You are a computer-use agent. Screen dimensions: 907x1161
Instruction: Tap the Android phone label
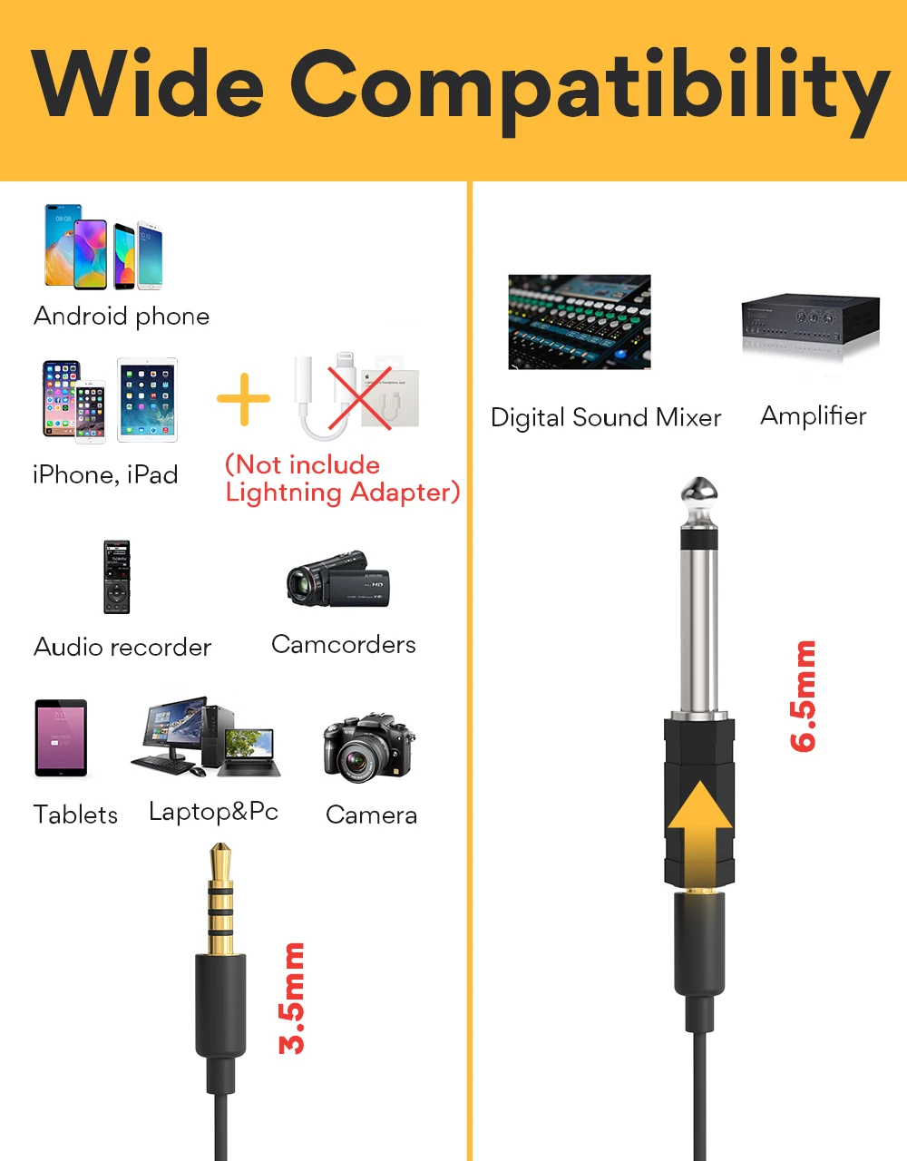(122, 316)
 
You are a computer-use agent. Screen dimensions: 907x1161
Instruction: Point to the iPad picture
(147, 400)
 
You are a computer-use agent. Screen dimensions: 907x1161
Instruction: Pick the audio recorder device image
(117, 577)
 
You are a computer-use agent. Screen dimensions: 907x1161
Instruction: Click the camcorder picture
(338, 578)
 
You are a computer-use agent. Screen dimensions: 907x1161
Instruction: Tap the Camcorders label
(344, 644)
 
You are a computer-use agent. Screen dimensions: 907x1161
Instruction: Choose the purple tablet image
(61, 738)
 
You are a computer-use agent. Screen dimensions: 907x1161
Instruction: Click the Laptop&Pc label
(213, 811)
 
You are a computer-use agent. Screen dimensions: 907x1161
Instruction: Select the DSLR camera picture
(368, 747)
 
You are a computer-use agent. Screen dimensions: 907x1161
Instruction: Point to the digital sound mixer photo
(580, 322)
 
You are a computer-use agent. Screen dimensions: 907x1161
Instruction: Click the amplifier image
(810, 319)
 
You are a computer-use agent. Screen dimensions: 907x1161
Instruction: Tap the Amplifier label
(813, 415)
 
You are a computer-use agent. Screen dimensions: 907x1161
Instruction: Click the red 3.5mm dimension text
(292, 998)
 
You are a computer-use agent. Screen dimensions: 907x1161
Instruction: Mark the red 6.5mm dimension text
(804, 696)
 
